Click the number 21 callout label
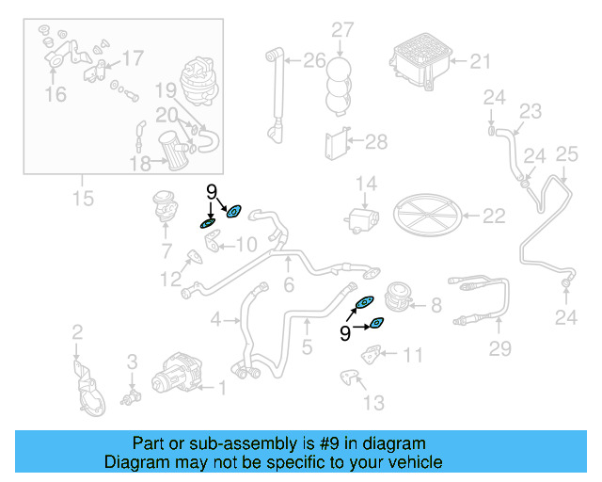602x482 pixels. tap(480, 62)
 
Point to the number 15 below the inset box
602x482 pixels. tap(83, 198)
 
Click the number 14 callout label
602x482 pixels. tap(365, 184)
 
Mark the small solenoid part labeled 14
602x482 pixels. tap(361, 221)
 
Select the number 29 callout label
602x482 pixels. tap(499, 349)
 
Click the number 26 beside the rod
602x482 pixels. tap(313, 62)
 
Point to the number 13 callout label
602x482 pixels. tap(373, 403)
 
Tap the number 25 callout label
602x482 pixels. tap(565, 153)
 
